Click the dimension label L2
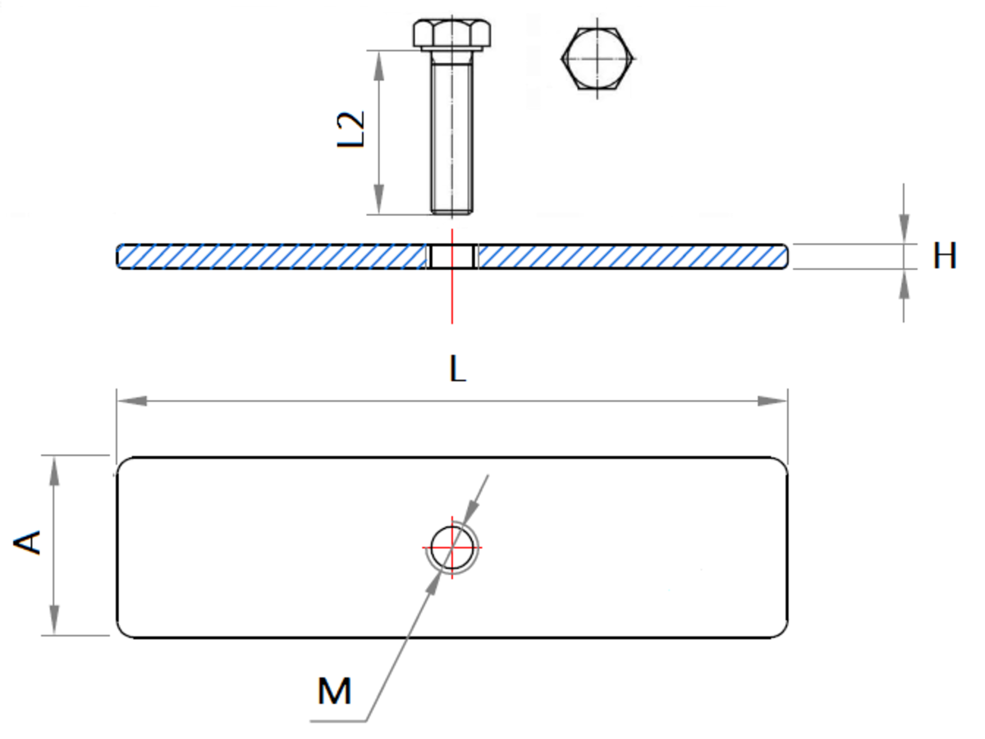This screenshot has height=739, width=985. pyautogui.click(x=350, y=129)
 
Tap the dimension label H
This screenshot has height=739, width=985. pyautogui.click(x=944, y=255)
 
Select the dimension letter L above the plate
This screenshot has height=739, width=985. pyautogui.click(x=457, y=369)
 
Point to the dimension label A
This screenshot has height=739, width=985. pyautogui.click(x=27, y=543)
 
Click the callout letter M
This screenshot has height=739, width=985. pyautogui.click(x=334, y=691)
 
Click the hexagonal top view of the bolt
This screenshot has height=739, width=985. pyautogui.click(x=597, y=58)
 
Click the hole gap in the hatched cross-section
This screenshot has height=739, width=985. pyautogui.click(x=452, y=257)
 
